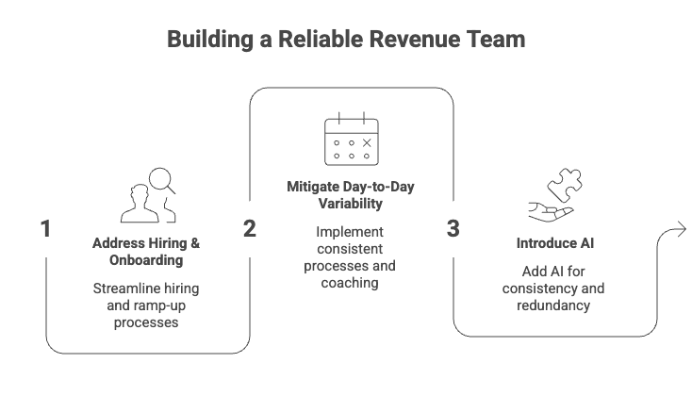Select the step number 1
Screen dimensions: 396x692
(x=44, y=228)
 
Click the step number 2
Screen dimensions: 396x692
(x=249, y=228)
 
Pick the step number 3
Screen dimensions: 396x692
(x=453, y=228)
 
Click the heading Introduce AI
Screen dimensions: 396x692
(x=554, y=243)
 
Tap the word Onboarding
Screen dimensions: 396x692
(x=146, y=259)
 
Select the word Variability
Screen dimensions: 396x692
(x=351, y=204)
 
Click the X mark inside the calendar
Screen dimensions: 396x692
(x=367, y=142)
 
